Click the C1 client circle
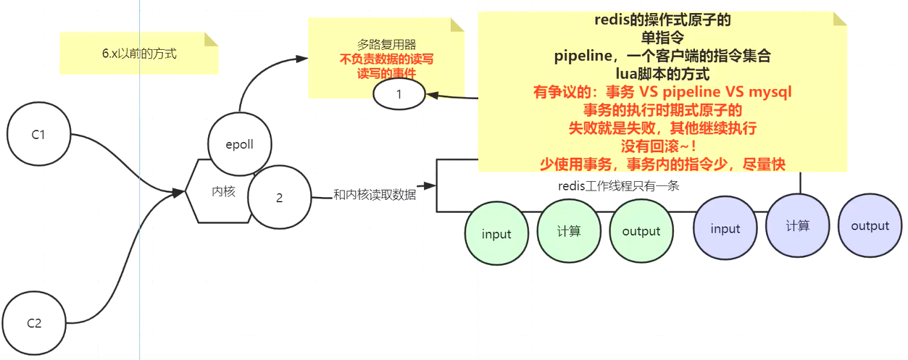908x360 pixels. click(x=38, y=135)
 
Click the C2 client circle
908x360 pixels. click(x=34, y=323)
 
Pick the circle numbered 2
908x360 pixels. click(x=279, y=198)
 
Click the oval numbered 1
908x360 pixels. click(x=399, y=94)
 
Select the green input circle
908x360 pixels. click(x=496, y=233)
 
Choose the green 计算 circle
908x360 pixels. click(x=569, y=231)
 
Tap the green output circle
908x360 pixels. click(x=641, y=231)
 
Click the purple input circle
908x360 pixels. click(x=725, y=228)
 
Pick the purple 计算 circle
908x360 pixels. click(x=797, y=226)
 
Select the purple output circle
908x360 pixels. click(x=870, y=226)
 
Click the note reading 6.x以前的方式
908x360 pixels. click(x=139, y=54)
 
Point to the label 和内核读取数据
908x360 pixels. click(x=375, y=194)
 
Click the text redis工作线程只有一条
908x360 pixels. click(x=618, y=185)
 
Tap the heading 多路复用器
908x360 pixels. click(x=386, y=44)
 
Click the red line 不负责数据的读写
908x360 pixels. click(x=386, y=59)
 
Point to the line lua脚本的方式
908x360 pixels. click(x=662, y=74)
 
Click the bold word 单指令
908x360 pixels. click(x=662, y=38)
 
